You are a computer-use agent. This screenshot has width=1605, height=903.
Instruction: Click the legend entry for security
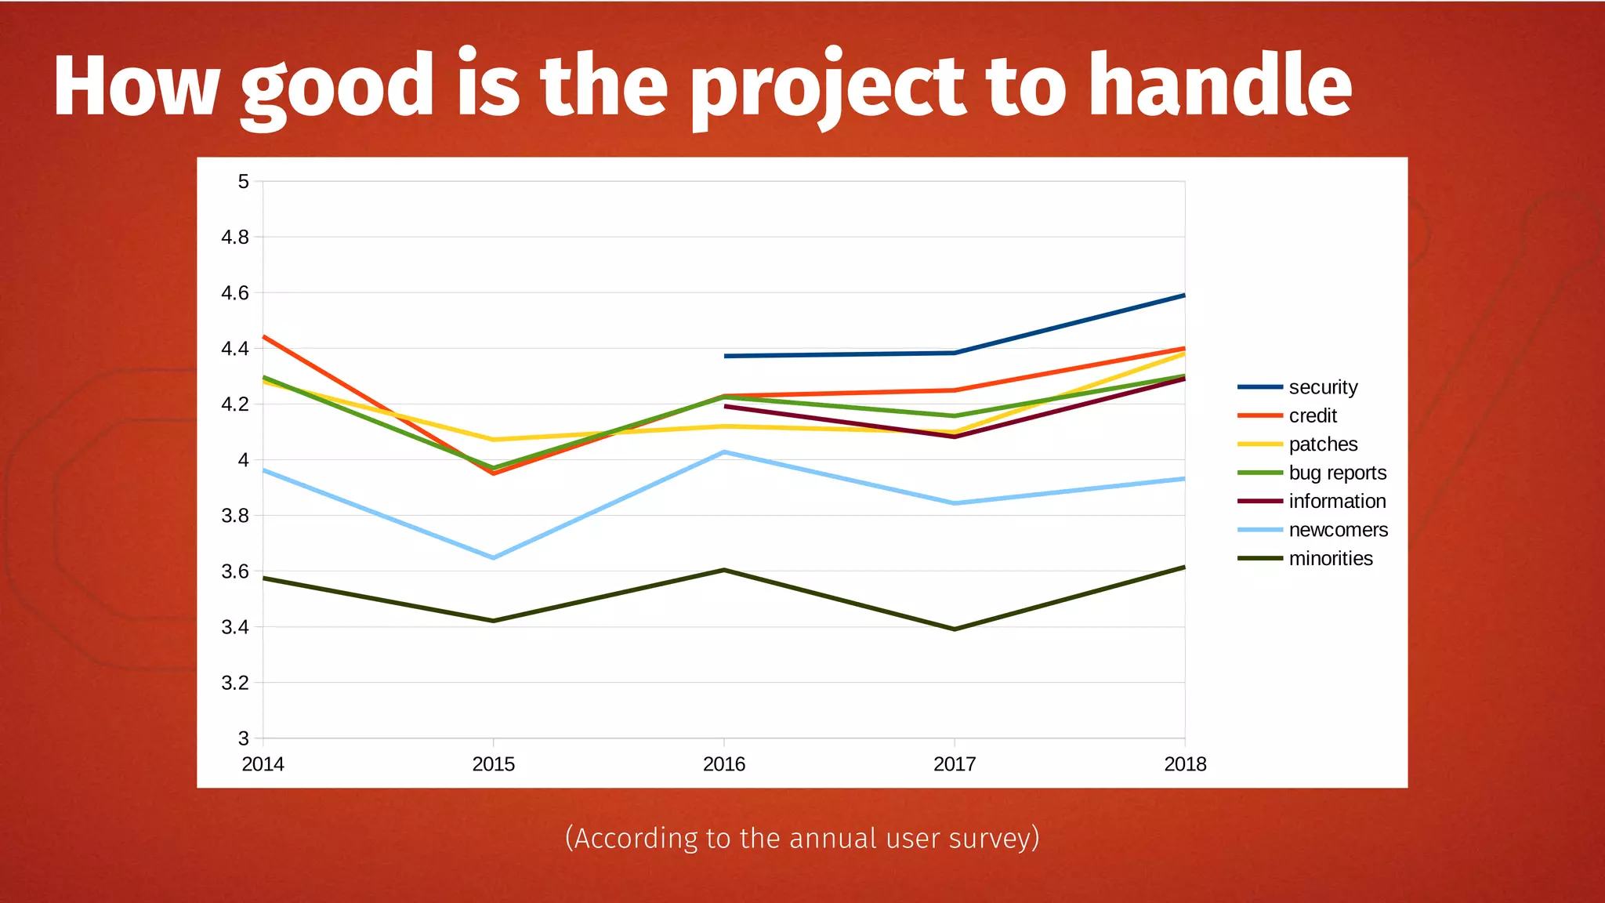[1323, 387]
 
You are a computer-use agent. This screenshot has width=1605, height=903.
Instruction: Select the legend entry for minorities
[1330, 559]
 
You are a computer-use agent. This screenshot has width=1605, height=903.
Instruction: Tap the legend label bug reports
[1337, 473]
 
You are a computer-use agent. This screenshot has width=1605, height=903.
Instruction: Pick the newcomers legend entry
[1338, 530]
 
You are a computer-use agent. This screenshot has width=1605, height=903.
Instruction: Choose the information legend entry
[1337, 502]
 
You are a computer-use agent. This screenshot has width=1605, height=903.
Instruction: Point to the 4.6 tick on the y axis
[235, 293]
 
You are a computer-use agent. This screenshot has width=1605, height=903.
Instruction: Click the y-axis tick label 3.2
[235, 683]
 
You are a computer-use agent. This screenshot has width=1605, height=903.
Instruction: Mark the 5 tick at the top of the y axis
[244, 182]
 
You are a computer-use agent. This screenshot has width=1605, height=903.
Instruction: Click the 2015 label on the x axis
[493, 764]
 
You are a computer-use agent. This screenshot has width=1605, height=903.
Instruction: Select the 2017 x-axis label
[955, 764]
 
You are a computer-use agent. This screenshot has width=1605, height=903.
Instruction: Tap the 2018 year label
[1184, 764]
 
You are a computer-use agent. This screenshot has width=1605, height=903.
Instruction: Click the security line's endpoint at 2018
[1184, 296]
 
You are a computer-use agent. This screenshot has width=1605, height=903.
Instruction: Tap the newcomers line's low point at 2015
[493, 558]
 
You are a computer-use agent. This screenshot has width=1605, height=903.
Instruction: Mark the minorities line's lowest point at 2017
[955, 629]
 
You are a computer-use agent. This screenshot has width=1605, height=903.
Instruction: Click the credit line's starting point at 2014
[264, 336]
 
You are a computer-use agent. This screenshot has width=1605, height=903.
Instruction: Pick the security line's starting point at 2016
[725, 356]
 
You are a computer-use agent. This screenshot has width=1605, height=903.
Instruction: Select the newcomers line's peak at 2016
[724, 451]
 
